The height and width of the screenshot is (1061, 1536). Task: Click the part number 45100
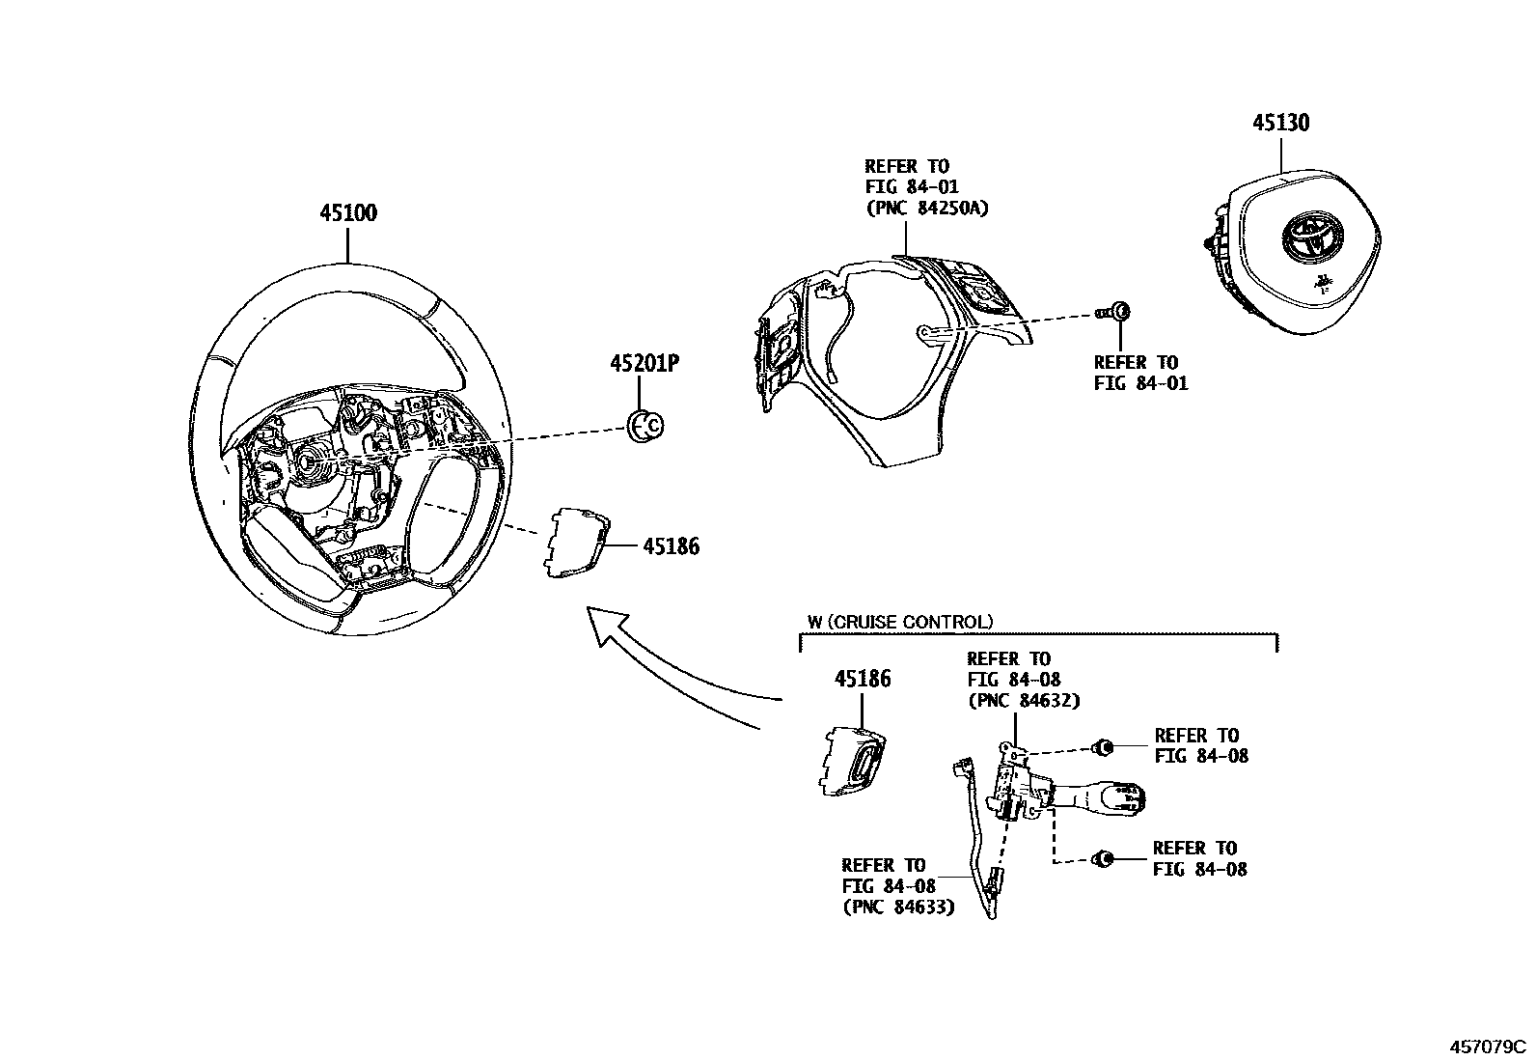pyautogui.click(x=348, y=213)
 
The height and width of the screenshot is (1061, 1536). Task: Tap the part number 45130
pyautogui.click(x=1280, y=123)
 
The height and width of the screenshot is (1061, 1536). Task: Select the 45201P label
pyautogui.click(x=645, y=364)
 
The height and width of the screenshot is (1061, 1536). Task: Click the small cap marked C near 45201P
pyautogui.click(x=645, y=425)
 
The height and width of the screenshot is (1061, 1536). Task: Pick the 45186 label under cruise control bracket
pyautogui.click(x=863, y=679)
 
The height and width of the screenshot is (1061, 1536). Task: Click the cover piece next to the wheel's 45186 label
pyautogui.click(x=576, y=545)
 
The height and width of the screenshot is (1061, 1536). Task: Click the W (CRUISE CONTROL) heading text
pyautogui.click(x=899, y=623)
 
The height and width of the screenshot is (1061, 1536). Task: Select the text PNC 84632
pyautogui.click(x=1023, y=700)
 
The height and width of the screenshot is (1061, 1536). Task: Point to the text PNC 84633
pyautogui.click(x=897, y=907)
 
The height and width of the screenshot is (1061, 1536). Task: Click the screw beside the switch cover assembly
pyautogui.click(x=1117, y=312)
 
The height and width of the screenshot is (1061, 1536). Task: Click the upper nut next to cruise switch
pyautogui.click(x=1103, y=746)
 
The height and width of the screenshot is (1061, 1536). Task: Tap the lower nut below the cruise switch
pyautogui.click(x=1103, y=858)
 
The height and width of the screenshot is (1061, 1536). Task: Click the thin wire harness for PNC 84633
pyautogui.click(x=976, y=830)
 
